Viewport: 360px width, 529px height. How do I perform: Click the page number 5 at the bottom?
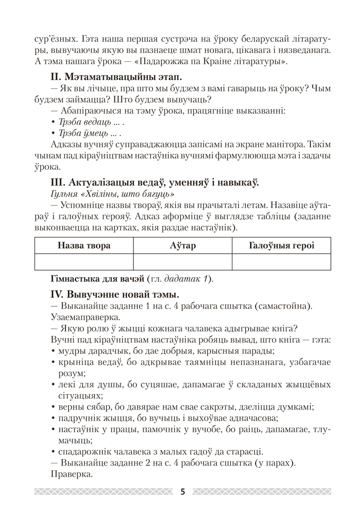coord(183,491)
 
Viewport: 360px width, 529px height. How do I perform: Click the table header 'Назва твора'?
coord(84,245)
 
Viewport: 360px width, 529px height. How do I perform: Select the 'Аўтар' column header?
coord(183,245)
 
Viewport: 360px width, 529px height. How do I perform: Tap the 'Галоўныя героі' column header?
coord(281,245)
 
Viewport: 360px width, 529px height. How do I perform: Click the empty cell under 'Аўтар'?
coord(183,262)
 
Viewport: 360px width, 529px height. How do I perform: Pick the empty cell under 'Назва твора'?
coord(84,262)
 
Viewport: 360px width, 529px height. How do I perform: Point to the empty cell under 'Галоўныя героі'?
coord(281,262)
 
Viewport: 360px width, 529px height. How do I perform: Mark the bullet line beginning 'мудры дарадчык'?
coord(161,350)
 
